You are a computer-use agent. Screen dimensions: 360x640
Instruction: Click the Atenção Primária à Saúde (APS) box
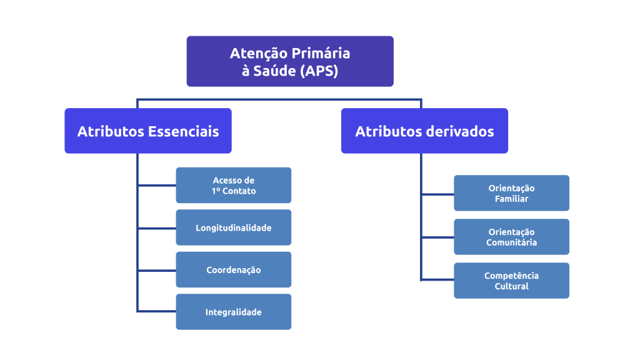pos(290,61)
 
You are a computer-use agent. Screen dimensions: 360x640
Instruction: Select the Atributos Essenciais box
pos(148,131)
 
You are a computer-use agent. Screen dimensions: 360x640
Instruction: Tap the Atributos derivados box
pos(424,131)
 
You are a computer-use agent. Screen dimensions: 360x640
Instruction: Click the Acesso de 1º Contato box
pos(233,185)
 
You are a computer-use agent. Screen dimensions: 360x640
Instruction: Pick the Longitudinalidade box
pos(233,227)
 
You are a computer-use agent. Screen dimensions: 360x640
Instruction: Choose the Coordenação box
pos(233,270)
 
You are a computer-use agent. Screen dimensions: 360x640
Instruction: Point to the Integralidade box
pos(233,312)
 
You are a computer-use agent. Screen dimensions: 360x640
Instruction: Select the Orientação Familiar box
pos(511,193)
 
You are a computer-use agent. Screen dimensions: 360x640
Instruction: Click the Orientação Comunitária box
pos(511,237)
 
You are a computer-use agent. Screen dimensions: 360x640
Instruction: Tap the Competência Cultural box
pos(511,281)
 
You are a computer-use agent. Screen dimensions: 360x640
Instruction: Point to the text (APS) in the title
pos(319,71)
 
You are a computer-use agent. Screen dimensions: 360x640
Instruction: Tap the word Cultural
pos(511,286)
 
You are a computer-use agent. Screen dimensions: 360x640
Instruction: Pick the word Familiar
pos(511,199)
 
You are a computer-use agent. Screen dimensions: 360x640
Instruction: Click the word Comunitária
pos(511,242)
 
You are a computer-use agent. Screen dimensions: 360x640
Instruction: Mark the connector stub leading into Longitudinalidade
pos(156,228)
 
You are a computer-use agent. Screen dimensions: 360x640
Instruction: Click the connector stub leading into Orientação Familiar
pos(437,194)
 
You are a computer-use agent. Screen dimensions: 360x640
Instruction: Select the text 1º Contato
pos(233,191)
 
